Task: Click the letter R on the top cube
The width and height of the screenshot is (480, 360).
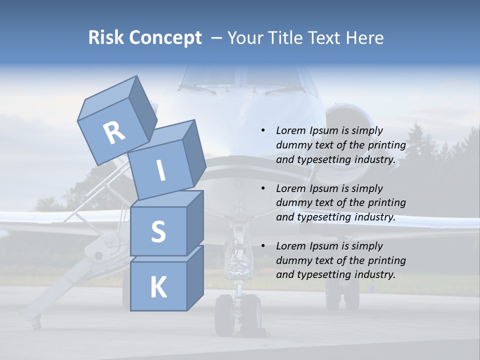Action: click(x=114, y=133)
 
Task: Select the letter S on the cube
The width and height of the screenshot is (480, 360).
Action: click(x=158, y=231)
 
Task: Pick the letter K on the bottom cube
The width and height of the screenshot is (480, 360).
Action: click(x=158, y=287)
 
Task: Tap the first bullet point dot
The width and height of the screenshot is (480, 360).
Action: click(x=263, y=131)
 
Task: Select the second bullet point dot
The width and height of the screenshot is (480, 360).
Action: click(x=263, y=189)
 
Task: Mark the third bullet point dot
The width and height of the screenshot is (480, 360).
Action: click(x=263, y=246)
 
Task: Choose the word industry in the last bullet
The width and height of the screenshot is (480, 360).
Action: click(x=375, y=274)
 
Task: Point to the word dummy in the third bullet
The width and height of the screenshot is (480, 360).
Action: click(x=293, y=260)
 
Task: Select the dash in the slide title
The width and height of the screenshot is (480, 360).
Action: click(x=216, y=38)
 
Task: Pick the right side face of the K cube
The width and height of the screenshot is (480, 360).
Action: click(x=195, y=277)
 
